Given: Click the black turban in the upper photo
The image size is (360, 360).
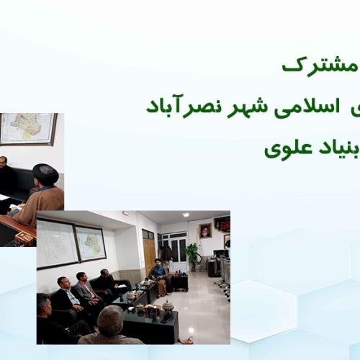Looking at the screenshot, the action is [45, 173].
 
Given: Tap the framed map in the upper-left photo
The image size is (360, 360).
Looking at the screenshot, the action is [28, 129].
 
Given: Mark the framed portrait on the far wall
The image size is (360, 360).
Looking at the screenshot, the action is [205, 231].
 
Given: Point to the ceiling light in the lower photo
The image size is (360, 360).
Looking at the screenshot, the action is [186, 215].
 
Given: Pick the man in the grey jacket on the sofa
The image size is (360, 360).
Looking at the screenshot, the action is [85, 289].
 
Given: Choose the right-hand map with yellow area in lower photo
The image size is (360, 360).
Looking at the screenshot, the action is [91, 243].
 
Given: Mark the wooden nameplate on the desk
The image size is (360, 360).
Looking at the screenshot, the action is [26, 237].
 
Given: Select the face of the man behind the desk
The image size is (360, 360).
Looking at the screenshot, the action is [4, 163].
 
